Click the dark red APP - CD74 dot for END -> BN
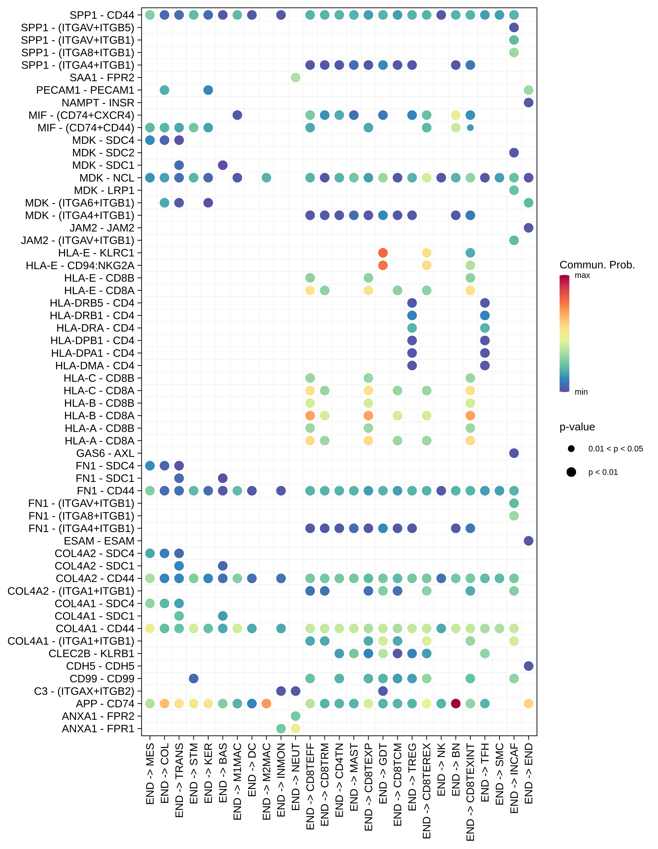coord(456,704)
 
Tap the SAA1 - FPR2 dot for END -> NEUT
coord(295,78)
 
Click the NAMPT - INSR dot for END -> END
coord(528,103)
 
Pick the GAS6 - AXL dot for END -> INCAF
coord(514,453)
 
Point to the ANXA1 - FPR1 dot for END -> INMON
coord(281,729)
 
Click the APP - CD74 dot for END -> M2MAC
coord(267,704)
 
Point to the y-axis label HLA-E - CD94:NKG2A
coord(80,265)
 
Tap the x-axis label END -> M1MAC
coord(237,781)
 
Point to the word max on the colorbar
coord(582,276)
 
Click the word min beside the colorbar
coord(581,392)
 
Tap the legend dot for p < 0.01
coord(571,472)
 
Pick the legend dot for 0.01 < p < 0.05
coord(571,449)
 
